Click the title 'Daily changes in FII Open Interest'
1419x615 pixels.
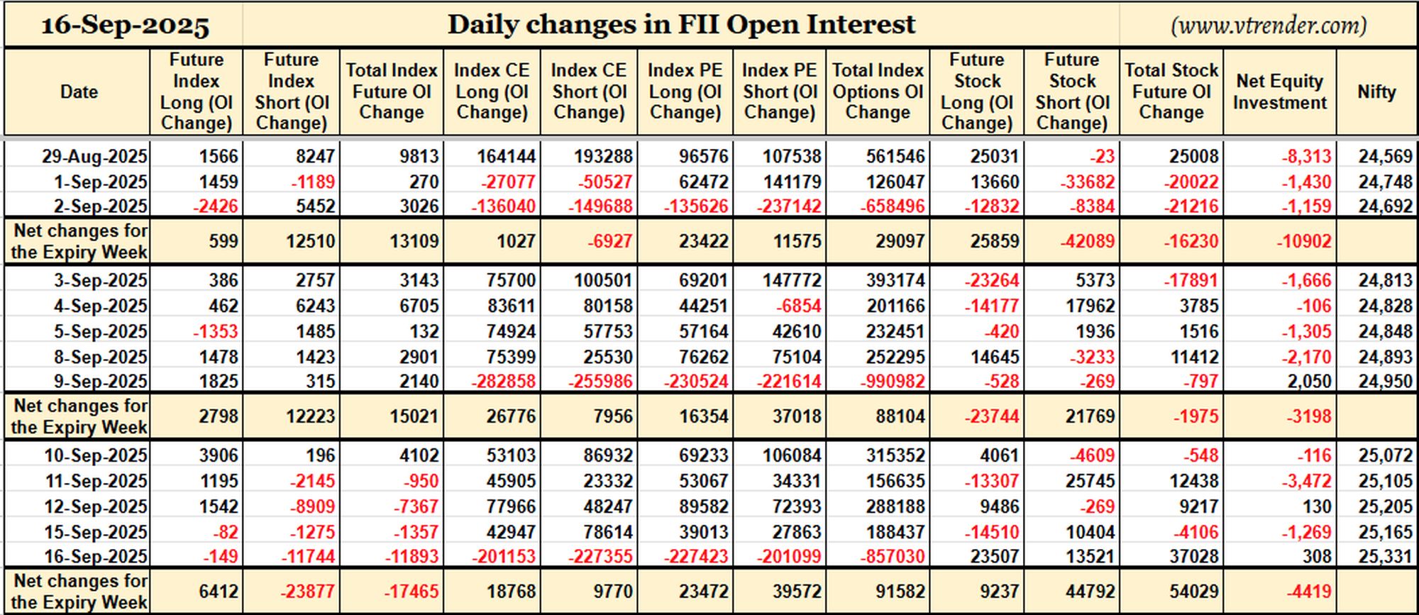pyautogui.click(x=681, y=25)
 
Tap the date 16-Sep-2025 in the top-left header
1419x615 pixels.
pyautogui.click(x=125, y=26)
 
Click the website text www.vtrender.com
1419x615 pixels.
pyautogui.click(x=1269, y=26)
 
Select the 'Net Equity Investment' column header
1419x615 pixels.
pyautogui.click(x=1279, y=92)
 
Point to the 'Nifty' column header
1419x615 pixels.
pyautogui.click(x=1376, y=92)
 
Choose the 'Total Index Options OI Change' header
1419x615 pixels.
pyautogui.click(x=878, y=92)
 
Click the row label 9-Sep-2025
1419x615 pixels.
pyautogui.click(x=101, y=382)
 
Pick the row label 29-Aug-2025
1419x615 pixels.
pyautogui.click(x=94, y=156)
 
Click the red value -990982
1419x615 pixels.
pyautogui.click(x=893, y=382)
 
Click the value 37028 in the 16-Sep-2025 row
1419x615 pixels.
pyautogui.click(x=1194, y=557)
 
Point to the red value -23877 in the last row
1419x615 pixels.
pyautogui.click(x=307, y=592)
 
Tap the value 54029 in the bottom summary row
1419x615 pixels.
pyautogui.click(x=1194, y=592)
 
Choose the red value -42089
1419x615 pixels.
pyautogui.click(x=1088, y=241)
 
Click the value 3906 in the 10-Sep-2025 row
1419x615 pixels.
pyautogui.click(x=219, y=455)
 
